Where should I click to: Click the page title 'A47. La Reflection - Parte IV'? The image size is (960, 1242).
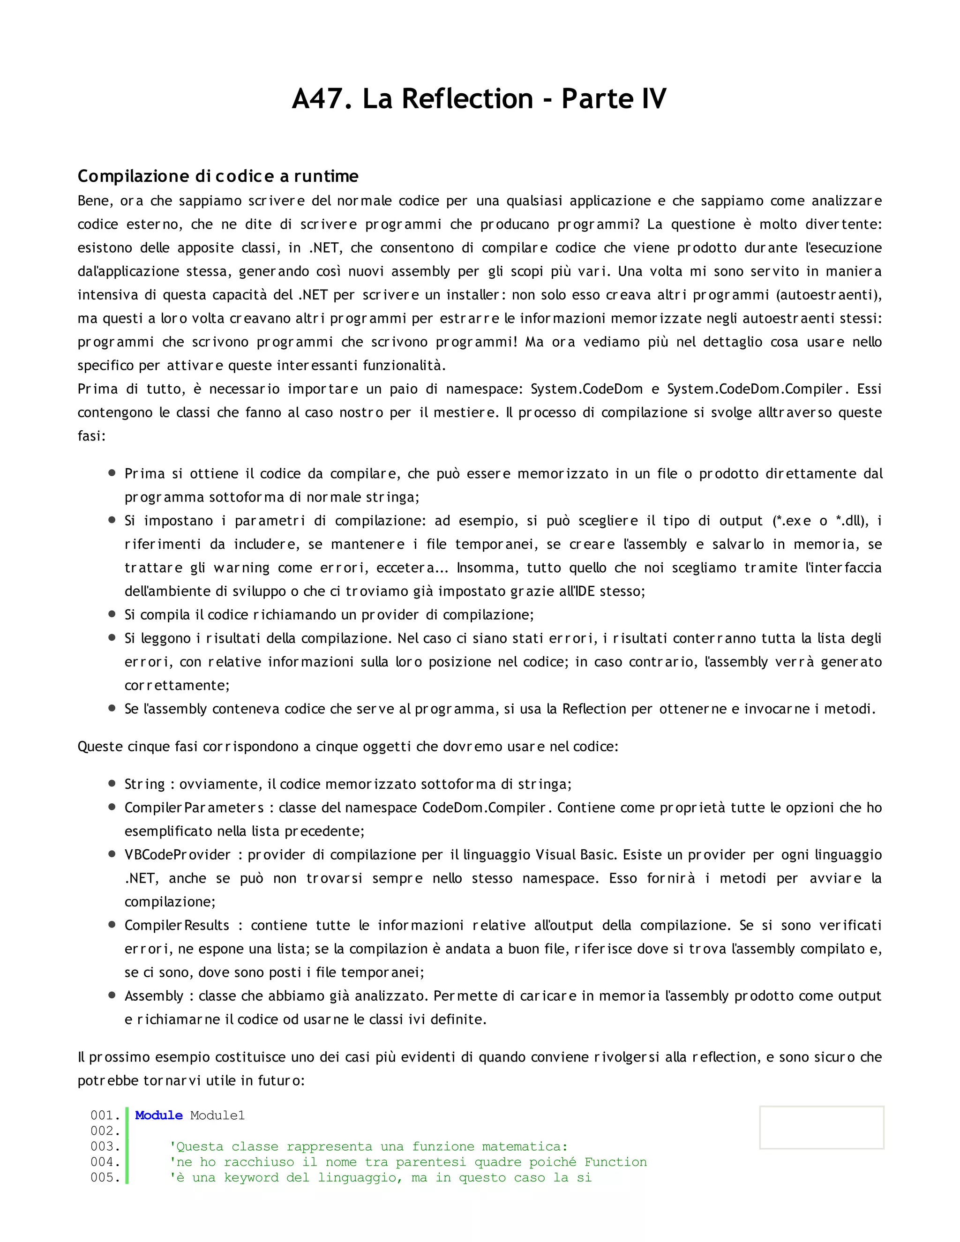(479, 99)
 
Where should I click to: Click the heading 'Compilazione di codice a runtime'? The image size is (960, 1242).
(218, 176)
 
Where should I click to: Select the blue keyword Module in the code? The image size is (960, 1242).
(159, 1115)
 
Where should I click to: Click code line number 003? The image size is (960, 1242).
(105, 1146)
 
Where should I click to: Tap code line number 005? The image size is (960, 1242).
(105, 1177)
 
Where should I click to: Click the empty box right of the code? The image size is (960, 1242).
(821, 1127)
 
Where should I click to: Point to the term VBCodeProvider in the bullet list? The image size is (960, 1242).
(178, 855)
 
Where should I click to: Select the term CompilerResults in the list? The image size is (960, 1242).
(177, 925)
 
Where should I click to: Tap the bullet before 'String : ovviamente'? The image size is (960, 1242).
(112, 784)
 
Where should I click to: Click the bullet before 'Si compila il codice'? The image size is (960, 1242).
(112, 614)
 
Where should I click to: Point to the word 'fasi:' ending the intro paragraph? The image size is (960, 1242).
(91, 436)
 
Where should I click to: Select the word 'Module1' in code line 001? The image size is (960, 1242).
(217, 1115)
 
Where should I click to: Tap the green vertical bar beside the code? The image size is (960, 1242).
(127, 1146)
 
